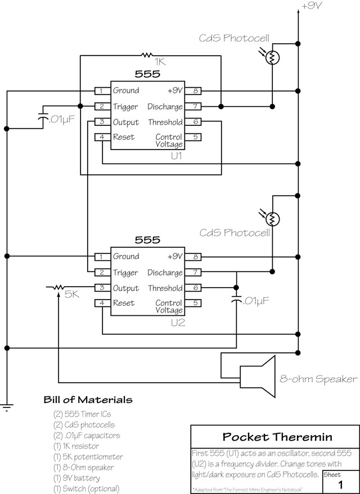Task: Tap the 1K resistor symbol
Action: click(147, 55)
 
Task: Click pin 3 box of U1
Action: click(101, 122)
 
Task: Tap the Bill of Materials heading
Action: click(88, 400)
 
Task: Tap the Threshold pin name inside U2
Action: click(165, 288)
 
